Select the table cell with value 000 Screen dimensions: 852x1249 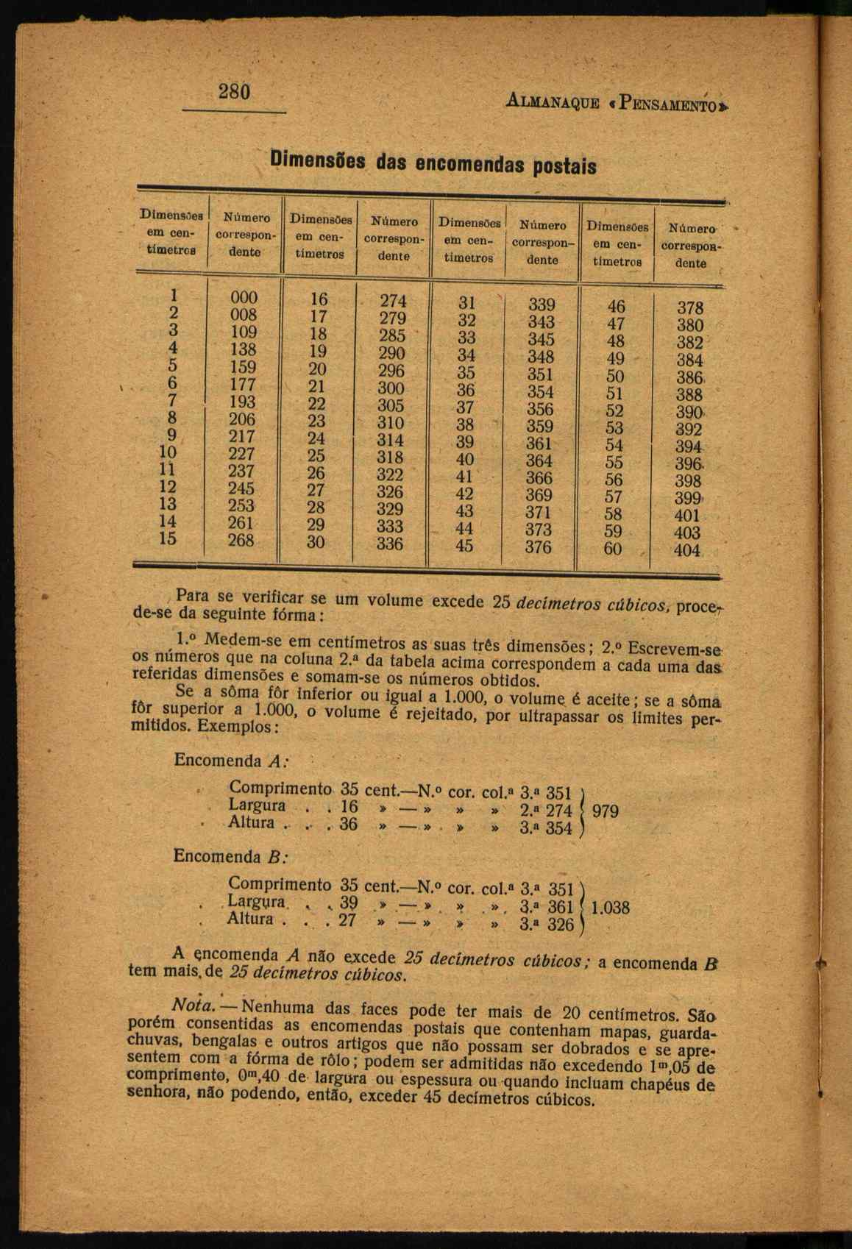click(244, 297)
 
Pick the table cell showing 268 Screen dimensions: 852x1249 click(241, 540)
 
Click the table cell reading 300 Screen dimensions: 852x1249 click(391, 388)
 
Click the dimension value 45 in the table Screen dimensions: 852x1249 click(464, 547)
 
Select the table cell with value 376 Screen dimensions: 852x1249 click(539, 547)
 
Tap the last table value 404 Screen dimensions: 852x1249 click(687, 550)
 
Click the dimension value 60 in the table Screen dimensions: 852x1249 click(613, 549)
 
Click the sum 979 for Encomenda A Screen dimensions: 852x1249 click(605, 812)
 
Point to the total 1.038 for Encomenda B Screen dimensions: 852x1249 click(611, 908)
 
